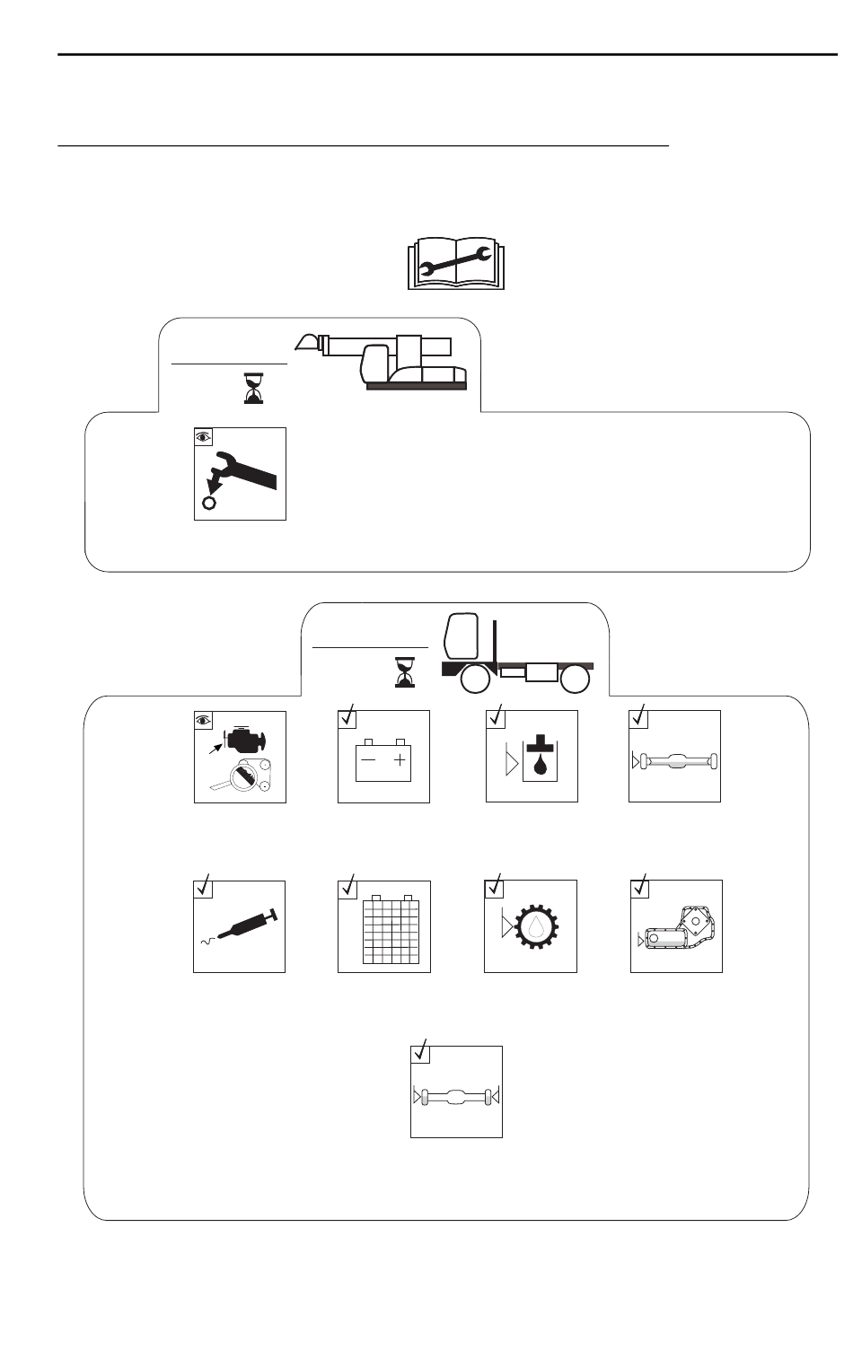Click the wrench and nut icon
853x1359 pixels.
[241, 474]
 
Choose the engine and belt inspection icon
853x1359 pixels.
[241, 757]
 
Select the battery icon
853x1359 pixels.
[383, 757]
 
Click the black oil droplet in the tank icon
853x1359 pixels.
[540, 767]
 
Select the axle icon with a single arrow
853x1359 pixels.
[675, 761]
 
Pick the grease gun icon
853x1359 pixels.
[240, 926]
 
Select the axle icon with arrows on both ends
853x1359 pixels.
[456, 1096]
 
